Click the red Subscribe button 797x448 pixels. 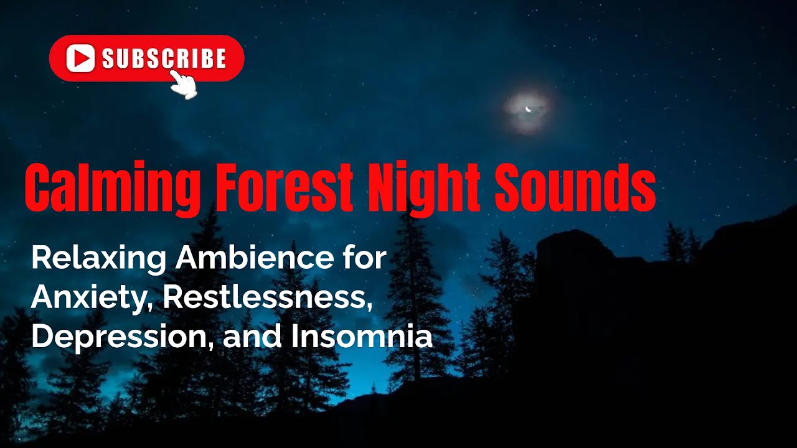point(146,58)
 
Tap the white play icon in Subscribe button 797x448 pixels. point(80,58)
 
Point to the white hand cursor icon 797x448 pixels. point(184,85)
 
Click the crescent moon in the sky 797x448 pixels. point(529,109)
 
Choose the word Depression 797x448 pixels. point(121,337)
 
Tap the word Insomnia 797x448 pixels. point(361,337)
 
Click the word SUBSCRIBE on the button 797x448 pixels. point(163,58)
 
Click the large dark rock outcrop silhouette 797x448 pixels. point(623,311)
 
